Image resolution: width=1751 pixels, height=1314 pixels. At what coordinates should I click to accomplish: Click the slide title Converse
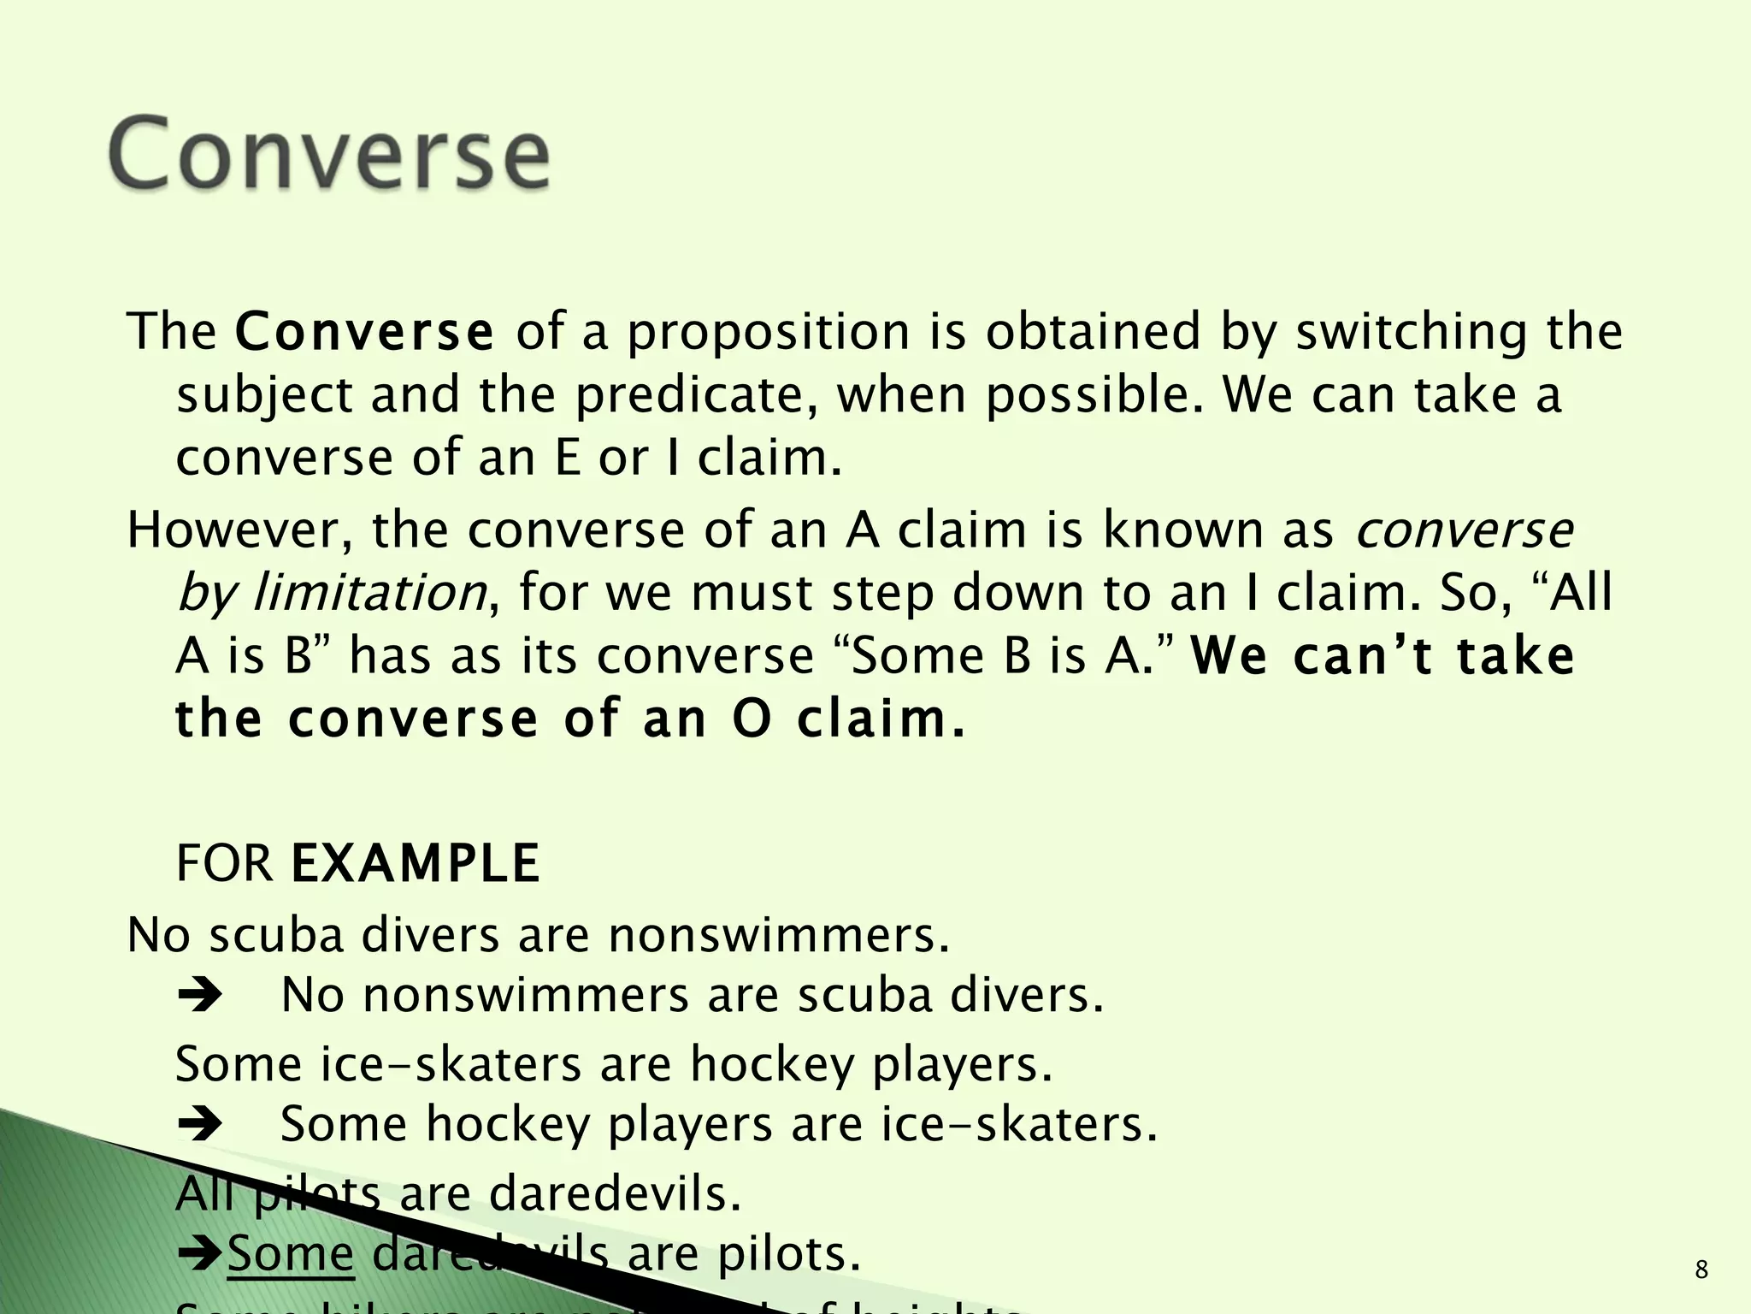[x=329, y=154]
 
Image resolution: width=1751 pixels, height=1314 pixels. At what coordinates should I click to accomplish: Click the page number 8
[x=1701, y=1270]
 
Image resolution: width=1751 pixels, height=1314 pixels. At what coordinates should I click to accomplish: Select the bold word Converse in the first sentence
[x=364, y=333]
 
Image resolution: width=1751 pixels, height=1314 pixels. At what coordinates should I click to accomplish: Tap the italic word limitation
[x=369, y=592]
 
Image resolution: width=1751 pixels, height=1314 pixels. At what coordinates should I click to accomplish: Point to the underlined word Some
[x=291, y=1254]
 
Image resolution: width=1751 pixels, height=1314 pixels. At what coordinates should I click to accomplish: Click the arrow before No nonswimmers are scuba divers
[x=200, y=996]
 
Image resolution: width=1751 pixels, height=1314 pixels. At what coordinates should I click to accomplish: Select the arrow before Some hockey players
[x=200, y=1124]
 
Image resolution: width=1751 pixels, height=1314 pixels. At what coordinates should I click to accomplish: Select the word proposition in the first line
[x=769, y=333]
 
